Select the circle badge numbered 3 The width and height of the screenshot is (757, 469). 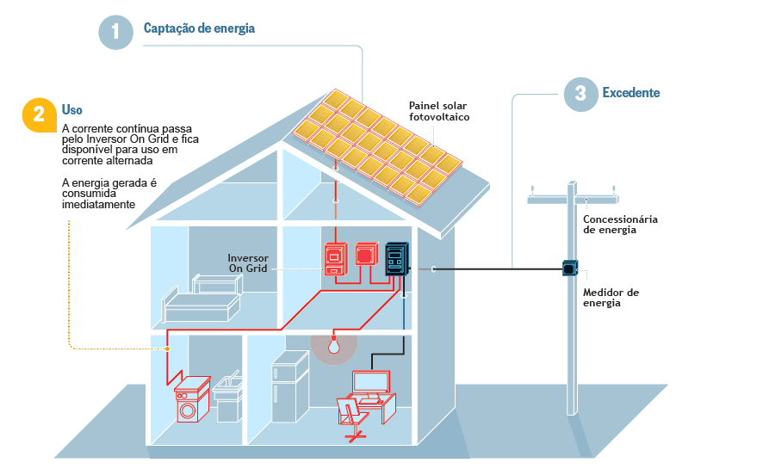(x=580, y=94)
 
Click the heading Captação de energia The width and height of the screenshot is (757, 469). (x=199, y=28)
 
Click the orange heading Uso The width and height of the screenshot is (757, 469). (x=72, y=110)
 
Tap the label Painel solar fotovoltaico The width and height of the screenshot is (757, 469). (x=439, y=111)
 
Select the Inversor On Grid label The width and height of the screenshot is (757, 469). (x=248, y=263)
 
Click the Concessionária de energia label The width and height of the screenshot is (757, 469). (x=620, y=225)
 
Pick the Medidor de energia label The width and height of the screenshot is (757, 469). (x=611, y=298)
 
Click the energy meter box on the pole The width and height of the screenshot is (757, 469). (x=569, y=268)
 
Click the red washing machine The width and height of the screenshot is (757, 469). (x=191, y=402)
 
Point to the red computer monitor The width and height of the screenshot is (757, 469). (x=370, y=382)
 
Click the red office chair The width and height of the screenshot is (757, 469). (x=350, y=417)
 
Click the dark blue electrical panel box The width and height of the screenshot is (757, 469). (x=396, y=259)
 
